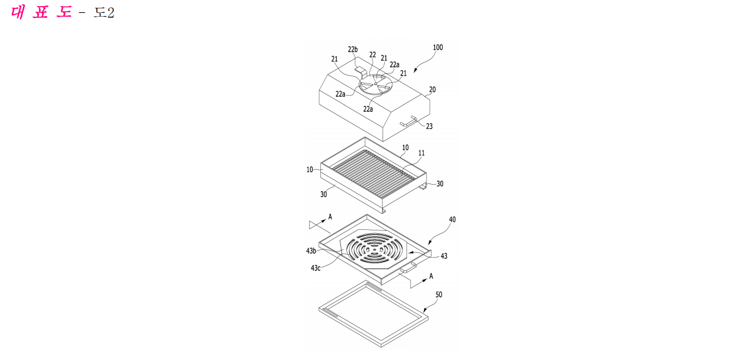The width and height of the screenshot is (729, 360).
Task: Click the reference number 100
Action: pos(438,47)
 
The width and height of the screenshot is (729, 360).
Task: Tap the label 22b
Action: pos(353,50)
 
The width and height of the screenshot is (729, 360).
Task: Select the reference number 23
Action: pos(429,126)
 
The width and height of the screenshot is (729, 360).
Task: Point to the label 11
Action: pos(421,153)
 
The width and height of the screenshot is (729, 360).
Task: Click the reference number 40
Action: pos(453,220)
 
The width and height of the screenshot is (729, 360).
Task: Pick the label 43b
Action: pos(311,251)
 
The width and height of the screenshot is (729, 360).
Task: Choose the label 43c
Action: pos(316,268)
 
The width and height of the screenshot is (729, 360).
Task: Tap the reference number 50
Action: pos(439,295)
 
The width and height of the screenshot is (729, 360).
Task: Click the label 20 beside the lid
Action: pos(432,90)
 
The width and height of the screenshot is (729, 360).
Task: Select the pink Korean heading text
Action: pos(41,12)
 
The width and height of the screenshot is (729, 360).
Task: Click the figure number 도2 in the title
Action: pos(104,13)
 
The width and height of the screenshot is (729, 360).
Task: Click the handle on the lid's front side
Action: pos(409,121)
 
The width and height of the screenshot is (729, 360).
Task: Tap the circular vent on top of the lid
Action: pos(375,85)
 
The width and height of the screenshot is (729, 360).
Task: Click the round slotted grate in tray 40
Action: pos(375,249)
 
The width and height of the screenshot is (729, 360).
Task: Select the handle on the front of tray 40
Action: pos(409,268)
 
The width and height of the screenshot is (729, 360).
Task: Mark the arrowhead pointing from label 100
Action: pos(415,70)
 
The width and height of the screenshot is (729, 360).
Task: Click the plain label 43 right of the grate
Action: pos(444,257)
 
